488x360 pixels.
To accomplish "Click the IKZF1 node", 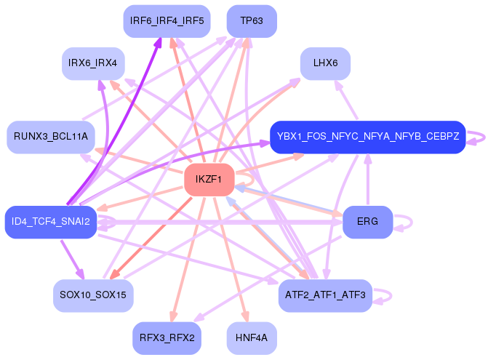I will [209, 180].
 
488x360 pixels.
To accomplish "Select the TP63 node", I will [251, 20].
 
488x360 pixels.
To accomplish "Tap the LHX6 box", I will [325, 63].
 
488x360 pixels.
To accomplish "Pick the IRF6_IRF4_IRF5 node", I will [167, 20].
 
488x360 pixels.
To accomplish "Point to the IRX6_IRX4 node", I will [92, 63].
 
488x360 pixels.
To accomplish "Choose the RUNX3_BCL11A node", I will [50, 137].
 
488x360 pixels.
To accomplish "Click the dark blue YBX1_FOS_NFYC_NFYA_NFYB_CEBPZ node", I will [367, 137].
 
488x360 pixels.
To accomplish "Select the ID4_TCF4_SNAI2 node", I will [50, 222].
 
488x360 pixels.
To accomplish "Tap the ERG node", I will [367, 222].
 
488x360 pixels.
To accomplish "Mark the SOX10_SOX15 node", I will [92, 295].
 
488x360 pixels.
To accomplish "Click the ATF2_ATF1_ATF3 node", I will [325, 295].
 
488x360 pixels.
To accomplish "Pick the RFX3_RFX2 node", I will [167, 338].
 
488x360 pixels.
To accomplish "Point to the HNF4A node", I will [252, 338].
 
